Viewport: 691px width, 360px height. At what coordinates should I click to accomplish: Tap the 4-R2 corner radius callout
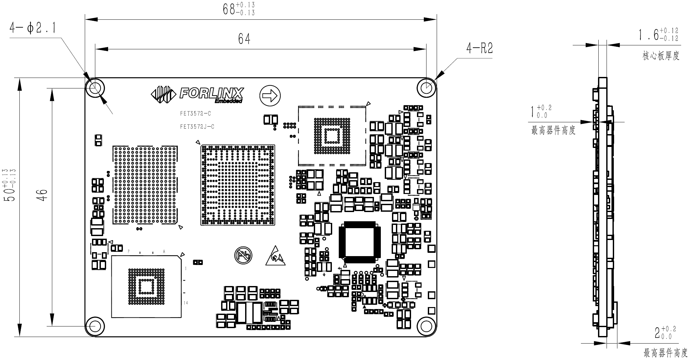click(x=480, y=49)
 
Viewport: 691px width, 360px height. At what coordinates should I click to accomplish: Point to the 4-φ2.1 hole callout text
click(x=32, y=28)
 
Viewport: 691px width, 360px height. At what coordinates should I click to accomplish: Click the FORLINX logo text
click(x=212, y=93)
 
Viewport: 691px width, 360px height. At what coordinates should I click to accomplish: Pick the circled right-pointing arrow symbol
click(x=270, y=96)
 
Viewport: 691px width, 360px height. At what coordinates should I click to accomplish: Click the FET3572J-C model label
click(x=197, y=127)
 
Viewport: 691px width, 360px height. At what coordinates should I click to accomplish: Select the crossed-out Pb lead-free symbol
click(x=243, y=255)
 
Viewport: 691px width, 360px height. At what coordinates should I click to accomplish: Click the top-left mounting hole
click(x=95, y=88)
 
